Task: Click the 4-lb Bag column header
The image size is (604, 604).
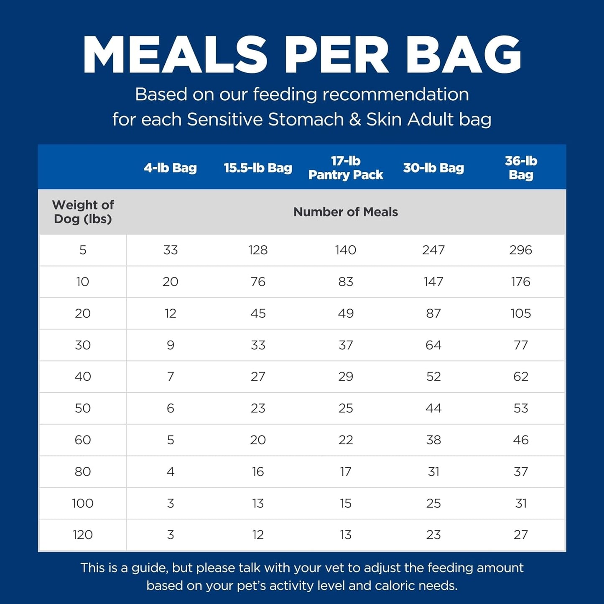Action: [170, 168]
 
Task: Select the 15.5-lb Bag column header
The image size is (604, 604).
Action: [258, 168]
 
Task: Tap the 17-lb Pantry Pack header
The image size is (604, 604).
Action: [346, 168]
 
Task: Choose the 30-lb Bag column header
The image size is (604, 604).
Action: [433, 168]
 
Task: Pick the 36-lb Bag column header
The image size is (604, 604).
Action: [521, 168]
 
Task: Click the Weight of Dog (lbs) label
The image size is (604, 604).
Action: [83, 212]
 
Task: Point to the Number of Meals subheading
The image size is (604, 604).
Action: [346, 212]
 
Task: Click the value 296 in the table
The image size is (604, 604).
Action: [521, 250]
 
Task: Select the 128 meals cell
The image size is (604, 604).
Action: [258, 250]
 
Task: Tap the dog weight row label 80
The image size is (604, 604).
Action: [83, 471]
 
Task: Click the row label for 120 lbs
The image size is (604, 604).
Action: [83, 535]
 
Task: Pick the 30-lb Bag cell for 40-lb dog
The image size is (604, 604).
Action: [433, 377]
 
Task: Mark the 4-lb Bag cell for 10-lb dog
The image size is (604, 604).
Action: [170, 282]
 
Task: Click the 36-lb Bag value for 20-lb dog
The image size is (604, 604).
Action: [521, 313]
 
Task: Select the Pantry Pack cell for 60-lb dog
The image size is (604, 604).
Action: [346, 440]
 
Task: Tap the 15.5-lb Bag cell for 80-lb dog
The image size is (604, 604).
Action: [258, 471]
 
